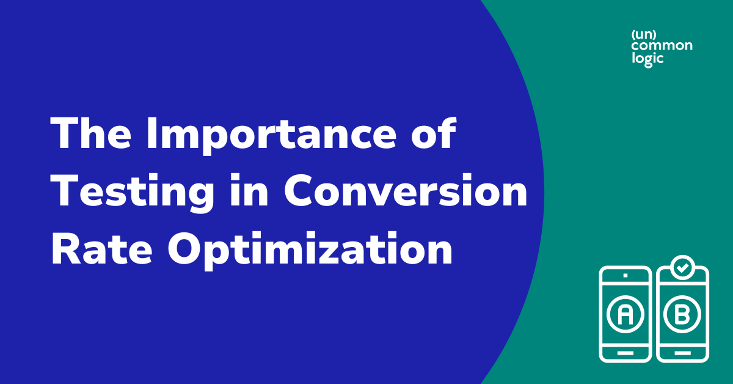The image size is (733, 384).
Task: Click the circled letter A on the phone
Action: coord(625,315)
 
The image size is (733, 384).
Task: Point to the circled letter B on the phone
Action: coord(682,315)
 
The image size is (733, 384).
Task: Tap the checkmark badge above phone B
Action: coord(682,268)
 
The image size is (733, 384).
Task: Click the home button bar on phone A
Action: coord(625,353)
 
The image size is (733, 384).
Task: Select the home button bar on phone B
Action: coord(682,353)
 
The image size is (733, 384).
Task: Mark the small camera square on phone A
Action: coord(625,276)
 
